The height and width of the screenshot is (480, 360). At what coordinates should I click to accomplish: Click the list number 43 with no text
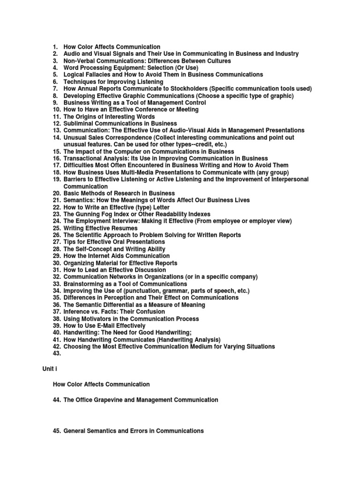click(x=57, y=353)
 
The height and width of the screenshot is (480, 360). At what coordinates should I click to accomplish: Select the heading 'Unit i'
click(x=49, y=370)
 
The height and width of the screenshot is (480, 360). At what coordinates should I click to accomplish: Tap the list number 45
click(x=57, y=431)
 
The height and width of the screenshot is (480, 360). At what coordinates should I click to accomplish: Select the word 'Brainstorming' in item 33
click(x=84, y=284)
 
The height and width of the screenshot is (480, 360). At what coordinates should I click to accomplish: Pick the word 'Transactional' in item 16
click(x=83, y=158)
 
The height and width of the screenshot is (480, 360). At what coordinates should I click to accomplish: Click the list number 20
click(x=57, y=193)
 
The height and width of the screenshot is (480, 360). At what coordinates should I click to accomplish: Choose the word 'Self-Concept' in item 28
click(x=94, y=249)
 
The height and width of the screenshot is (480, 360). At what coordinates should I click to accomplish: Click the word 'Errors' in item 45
click(x=134, y=431)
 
